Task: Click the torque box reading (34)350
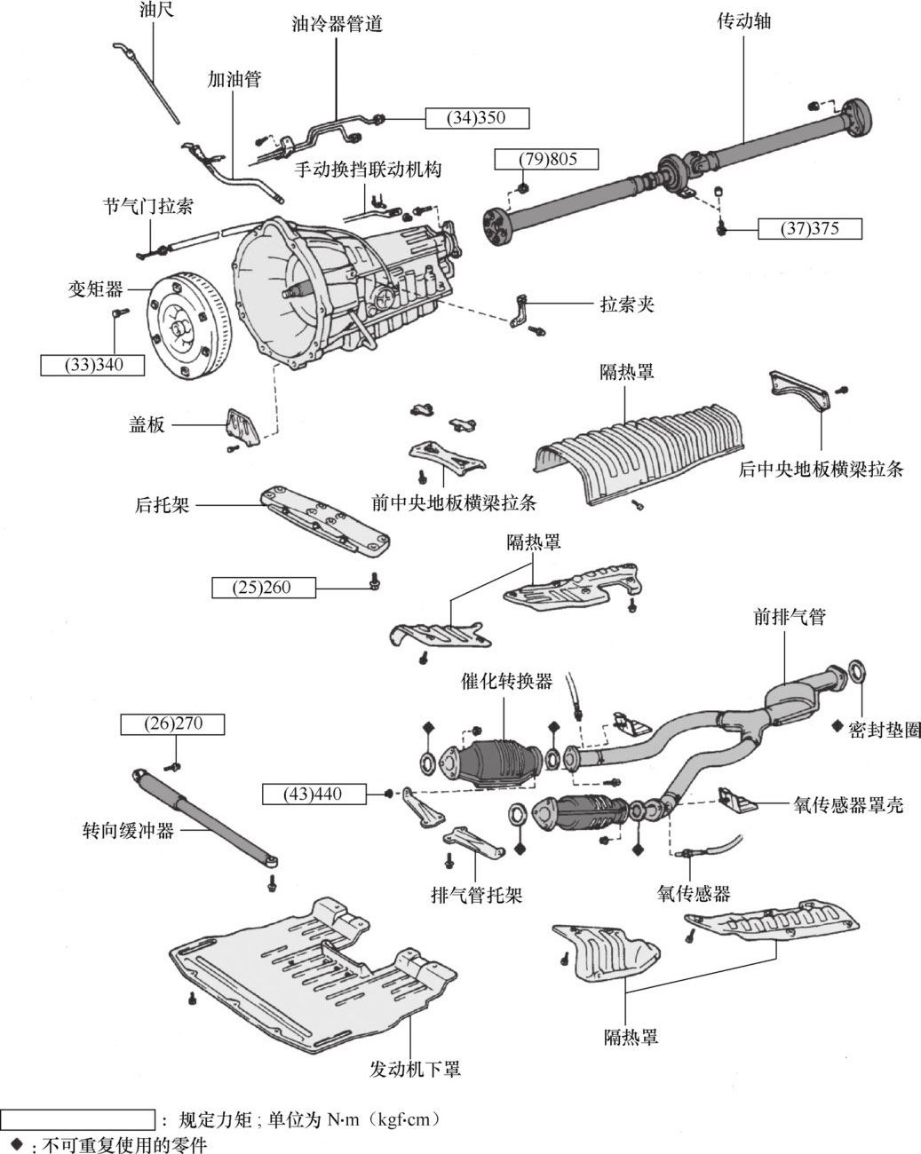477,118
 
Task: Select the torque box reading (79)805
547,160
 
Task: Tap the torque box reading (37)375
810,228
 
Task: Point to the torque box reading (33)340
92,365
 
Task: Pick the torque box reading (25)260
264,586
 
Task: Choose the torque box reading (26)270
173,724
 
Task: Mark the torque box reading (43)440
314,793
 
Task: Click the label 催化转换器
506,682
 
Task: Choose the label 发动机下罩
415,1068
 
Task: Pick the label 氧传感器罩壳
847,806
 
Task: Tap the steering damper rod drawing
206,814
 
